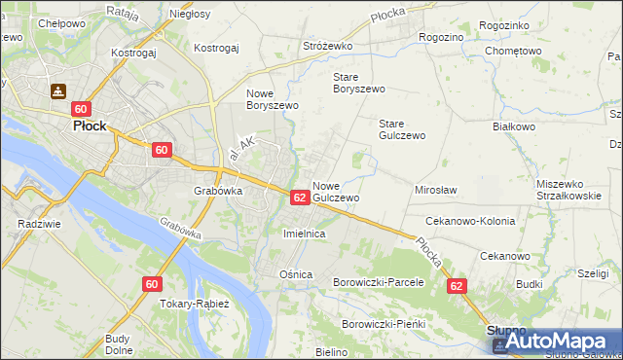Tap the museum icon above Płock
click(x=57, y=91)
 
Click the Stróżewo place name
click(x=327, y=46)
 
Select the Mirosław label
click(x=436, y=190)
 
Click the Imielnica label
click(x=303, y=234)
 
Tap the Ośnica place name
click(x=296, y=274)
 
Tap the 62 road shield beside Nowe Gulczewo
click(x=300, y=198)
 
